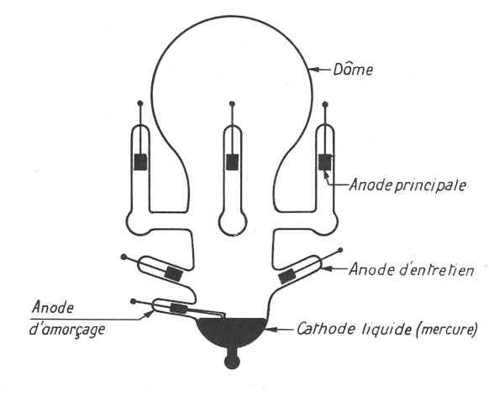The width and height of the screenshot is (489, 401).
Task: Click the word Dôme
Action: point(353,69)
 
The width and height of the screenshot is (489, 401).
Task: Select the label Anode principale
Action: point(407,185)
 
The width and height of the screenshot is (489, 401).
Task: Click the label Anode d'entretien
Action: point(412,269)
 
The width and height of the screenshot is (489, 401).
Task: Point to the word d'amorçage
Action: point(66,330)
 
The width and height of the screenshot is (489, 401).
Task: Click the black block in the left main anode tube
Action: point(140,162)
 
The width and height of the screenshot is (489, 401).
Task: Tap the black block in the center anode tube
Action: point(233,162)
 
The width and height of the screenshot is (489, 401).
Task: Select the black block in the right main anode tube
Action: point(325,162)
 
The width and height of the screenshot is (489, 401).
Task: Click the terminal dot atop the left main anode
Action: point(140,103)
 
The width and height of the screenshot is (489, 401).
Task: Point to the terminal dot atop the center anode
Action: point(232,104)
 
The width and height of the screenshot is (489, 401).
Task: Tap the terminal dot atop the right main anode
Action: point(325,104)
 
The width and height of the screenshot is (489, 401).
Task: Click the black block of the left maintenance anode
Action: point(173,274)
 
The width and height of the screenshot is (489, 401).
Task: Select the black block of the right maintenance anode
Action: point(287,276)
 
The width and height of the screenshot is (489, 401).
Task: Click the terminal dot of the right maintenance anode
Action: point(340,250)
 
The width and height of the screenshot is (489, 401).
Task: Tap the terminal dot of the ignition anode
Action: point(134,301)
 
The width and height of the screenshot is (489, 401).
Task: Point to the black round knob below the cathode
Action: point(232,362)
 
